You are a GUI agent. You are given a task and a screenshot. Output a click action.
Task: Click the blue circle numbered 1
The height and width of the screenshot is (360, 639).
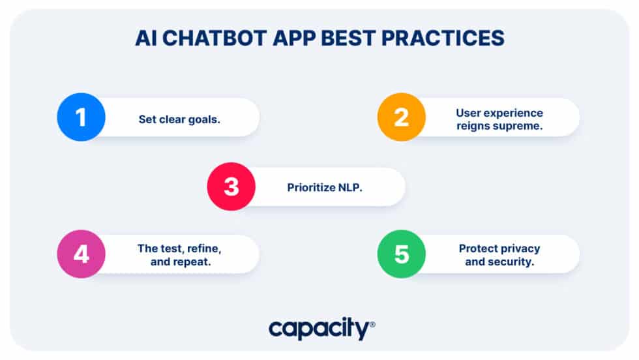coord(81,117)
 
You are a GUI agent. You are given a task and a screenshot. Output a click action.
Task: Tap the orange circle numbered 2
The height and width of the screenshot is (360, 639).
coord(402,117)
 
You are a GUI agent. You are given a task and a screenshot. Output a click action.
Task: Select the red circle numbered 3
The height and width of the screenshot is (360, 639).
coord(231,187)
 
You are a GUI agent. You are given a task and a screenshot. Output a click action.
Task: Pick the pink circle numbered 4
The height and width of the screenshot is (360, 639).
coord(81,254)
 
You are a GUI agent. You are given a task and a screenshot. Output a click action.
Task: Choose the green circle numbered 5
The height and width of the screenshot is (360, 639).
coord(402,254)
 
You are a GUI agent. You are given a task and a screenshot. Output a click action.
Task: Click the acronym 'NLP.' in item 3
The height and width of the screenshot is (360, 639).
coord(349,188)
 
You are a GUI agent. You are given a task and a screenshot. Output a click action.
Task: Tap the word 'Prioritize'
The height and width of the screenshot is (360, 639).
coord(311,188)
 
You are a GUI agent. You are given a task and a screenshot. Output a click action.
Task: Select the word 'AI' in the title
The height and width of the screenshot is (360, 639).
coord(145,38)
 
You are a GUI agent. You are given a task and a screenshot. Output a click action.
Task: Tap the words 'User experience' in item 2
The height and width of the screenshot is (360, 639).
coord(499,113)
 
